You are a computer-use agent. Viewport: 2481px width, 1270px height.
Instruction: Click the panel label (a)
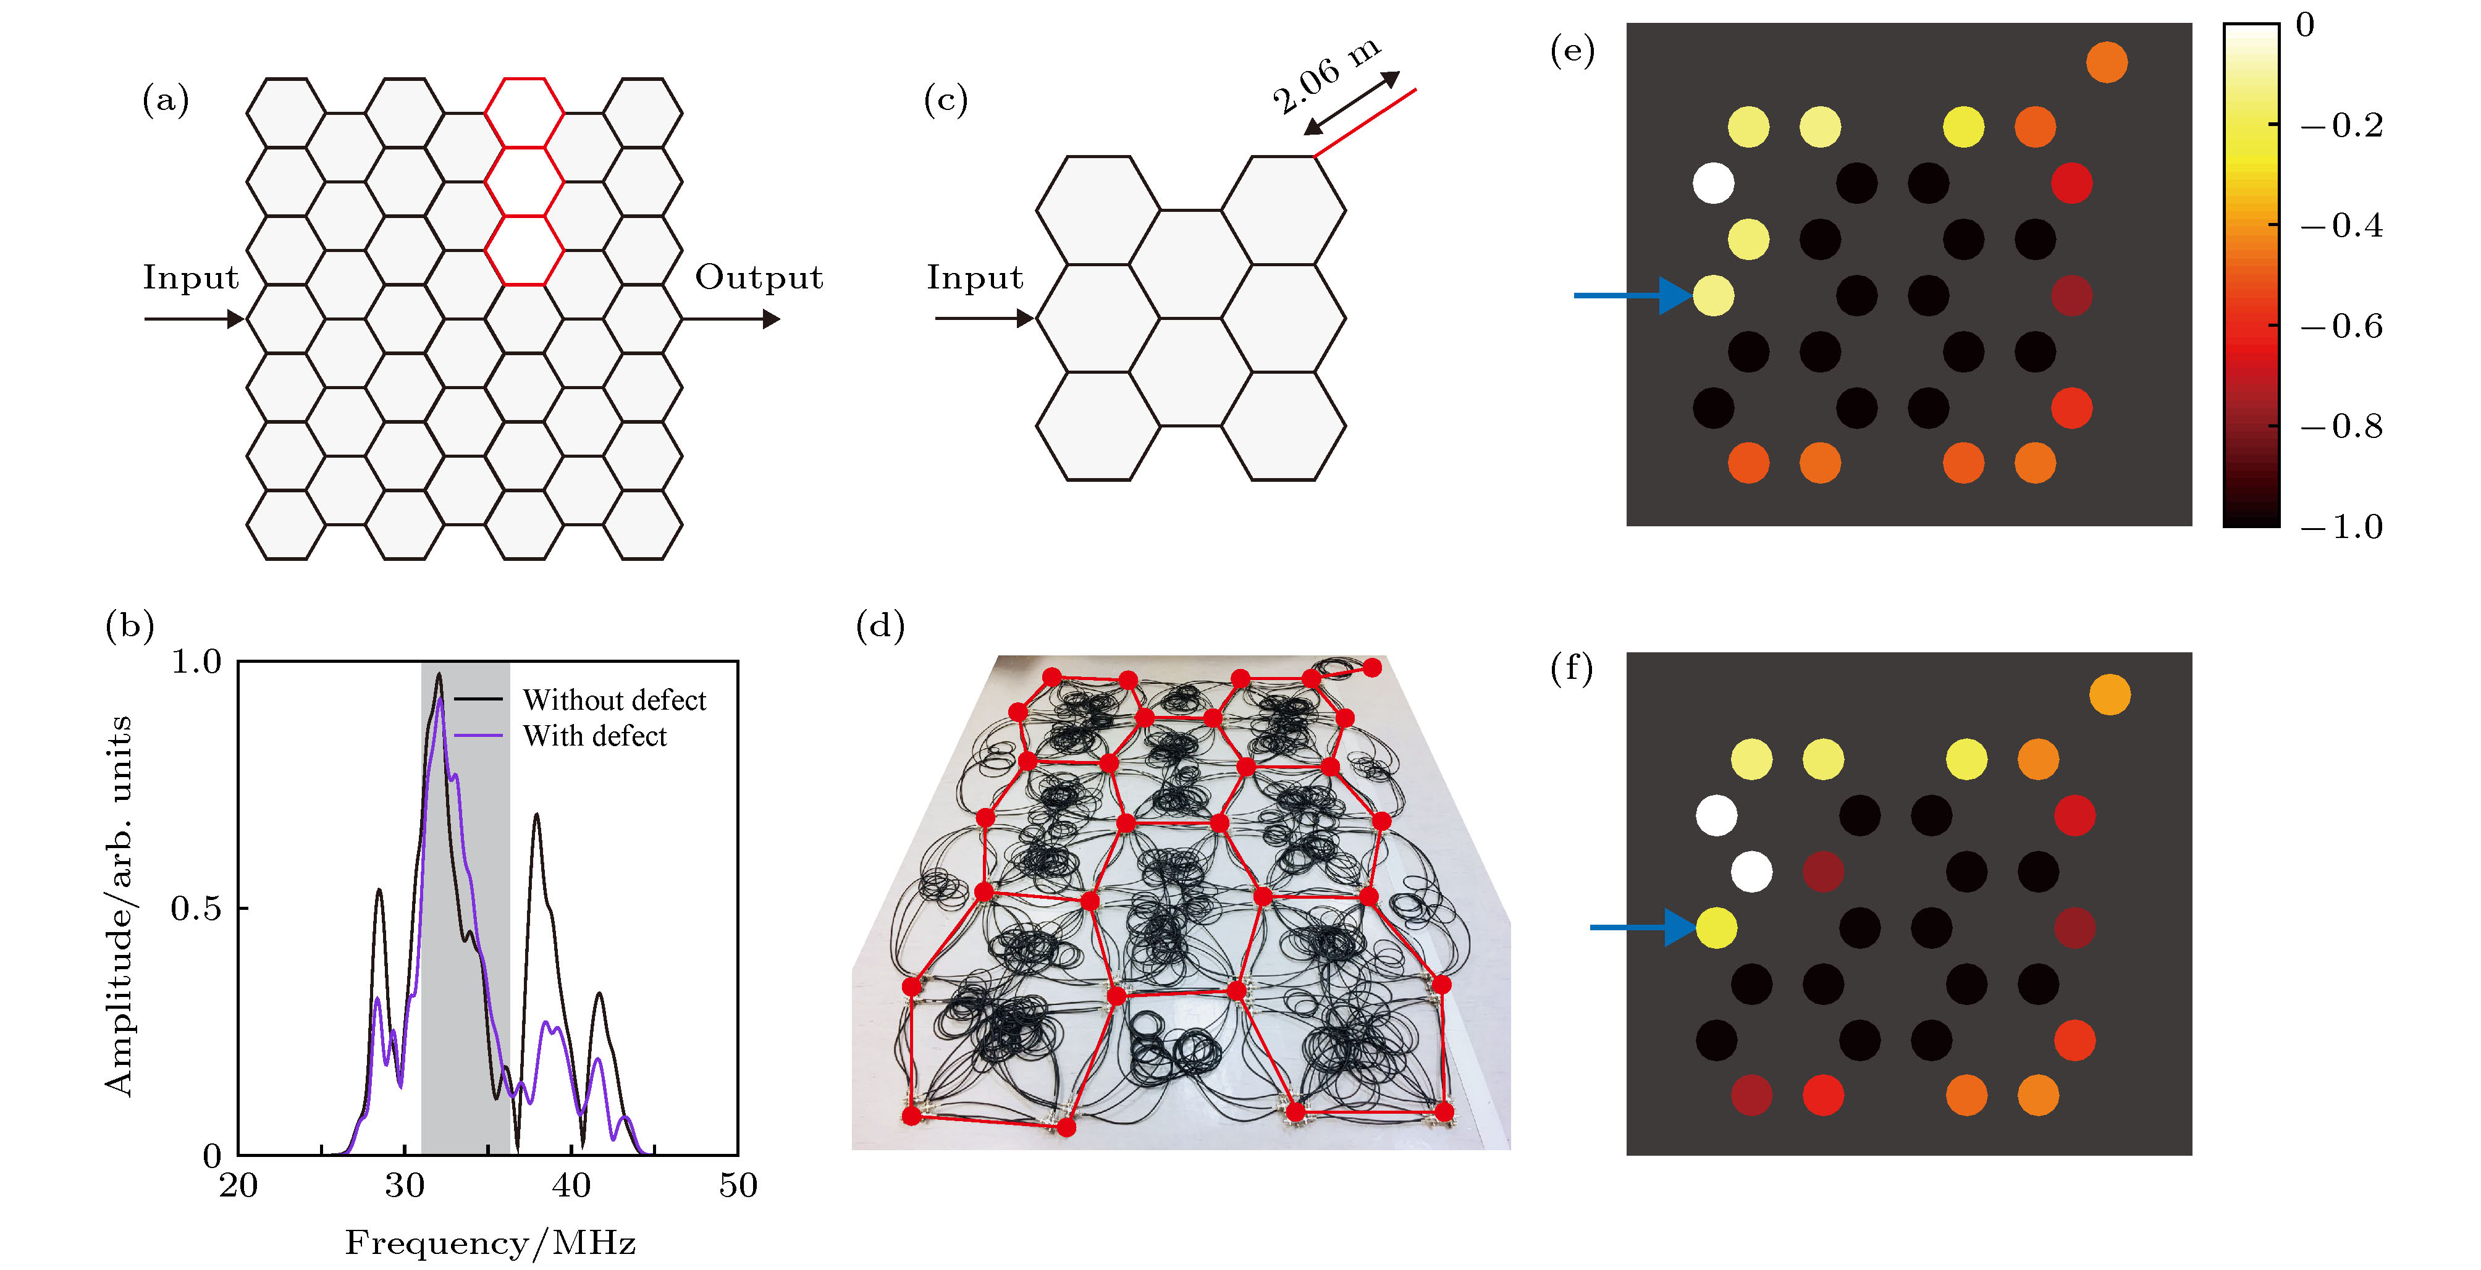click(x=166, y=100)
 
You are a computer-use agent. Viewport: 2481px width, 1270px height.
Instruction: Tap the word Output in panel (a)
click(x=759, y=277)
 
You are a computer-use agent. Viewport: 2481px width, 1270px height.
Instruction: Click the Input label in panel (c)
click(x=975, y=277)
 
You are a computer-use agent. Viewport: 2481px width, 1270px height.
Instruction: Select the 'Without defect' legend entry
click(x=613, y=700)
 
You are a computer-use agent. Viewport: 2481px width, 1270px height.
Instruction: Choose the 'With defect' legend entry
click(x=594, y=736)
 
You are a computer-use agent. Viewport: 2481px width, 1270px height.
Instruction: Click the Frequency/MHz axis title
click(x=491, y=1243)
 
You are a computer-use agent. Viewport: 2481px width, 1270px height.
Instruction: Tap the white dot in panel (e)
click(x=1713, y=183)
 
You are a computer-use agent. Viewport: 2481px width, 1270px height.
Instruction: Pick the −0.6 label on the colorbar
click(x=2341, y=326)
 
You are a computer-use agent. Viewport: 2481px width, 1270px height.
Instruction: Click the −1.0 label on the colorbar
click(x=2341, y=528)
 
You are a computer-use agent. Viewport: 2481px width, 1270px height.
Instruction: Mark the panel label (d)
click(x=880, y=627)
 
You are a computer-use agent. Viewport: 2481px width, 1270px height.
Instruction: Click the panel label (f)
click(x=1572, y=668)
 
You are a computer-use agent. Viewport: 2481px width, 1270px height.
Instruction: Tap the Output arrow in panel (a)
click(x=732, y=319)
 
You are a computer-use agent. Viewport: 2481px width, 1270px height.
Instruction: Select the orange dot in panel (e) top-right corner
click(x=2107, y=62)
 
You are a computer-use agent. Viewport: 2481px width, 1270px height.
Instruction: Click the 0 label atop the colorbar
click(x=2305, y=25)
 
